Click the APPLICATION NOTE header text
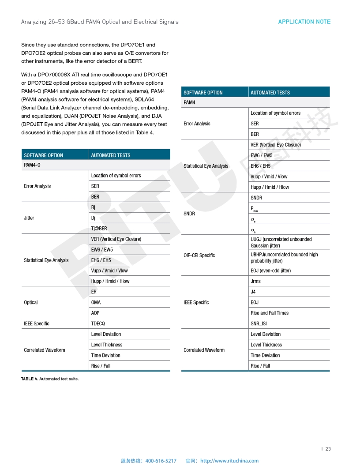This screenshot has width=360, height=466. point(304,22)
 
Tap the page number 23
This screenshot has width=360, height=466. point(328,449)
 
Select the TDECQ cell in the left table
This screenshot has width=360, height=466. point(98,323)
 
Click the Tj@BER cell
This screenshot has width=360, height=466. point(99,228)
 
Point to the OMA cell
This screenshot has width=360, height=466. point(96,302)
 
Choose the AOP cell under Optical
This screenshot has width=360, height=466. point(95,313)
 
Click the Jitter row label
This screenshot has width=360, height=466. point(29,218)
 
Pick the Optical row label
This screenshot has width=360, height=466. point(31,302)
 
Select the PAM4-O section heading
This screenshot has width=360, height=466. point(32,165)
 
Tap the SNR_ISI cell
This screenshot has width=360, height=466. point(259,323)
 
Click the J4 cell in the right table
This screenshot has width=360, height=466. point(253,292)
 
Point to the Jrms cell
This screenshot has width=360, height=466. point(255,281)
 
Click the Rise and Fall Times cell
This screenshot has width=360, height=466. point(270,313)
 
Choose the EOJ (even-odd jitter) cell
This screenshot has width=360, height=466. point(270,271)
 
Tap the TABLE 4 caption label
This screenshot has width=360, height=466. point(30,379)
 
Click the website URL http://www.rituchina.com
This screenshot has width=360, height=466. point(229,461)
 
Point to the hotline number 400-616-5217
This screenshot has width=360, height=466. point(161,461)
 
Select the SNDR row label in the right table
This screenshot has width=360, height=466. point(189,214)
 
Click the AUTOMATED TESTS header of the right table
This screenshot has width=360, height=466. point(270,92)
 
